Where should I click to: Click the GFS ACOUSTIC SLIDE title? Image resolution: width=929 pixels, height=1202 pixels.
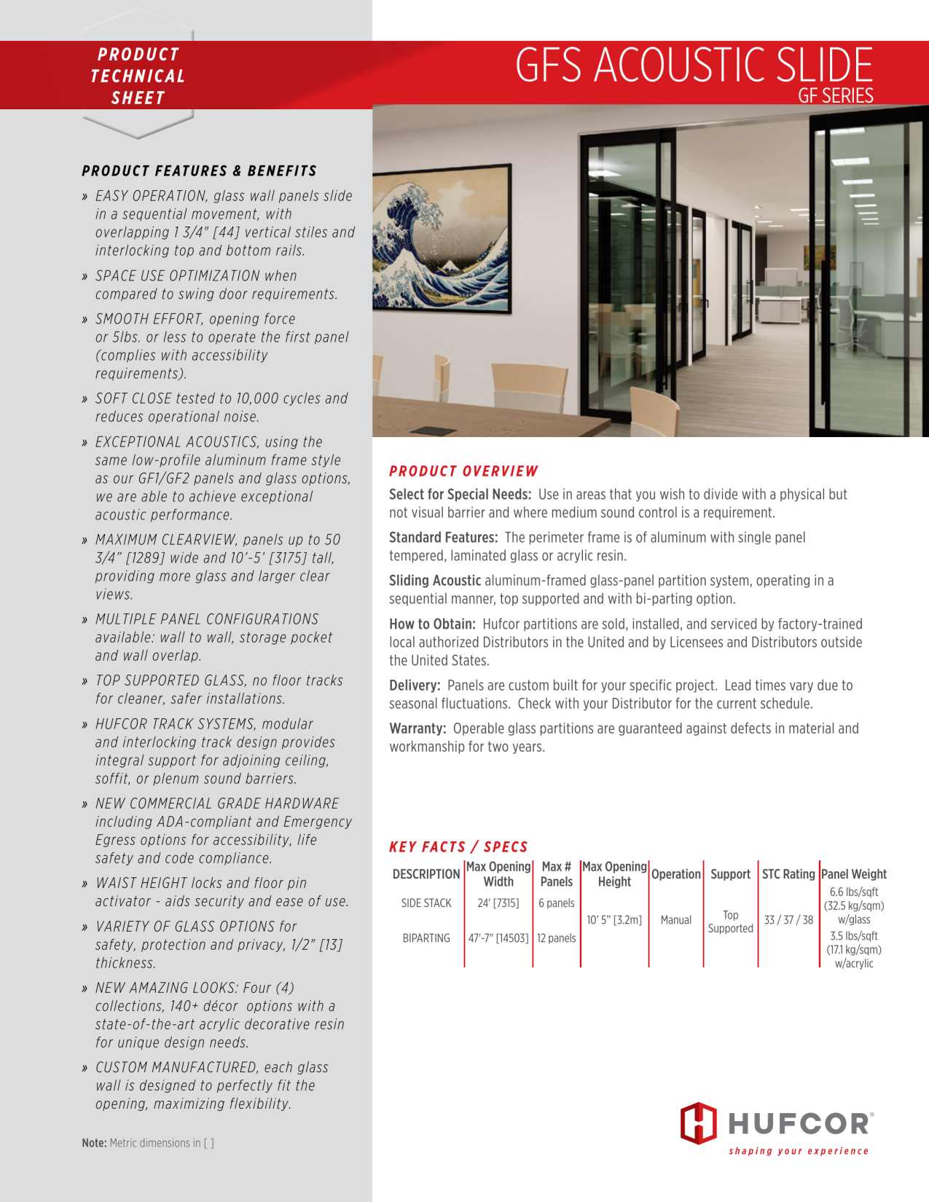click(693, 66)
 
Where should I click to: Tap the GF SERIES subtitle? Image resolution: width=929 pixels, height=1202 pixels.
click(835, 96)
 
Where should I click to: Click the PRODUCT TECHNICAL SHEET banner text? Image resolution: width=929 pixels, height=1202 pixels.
click(138, 76)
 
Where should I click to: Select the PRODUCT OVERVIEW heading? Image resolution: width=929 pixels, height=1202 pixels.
click(463, 471)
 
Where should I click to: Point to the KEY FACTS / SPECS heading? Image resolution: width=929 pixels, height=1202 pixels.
click(458, 846)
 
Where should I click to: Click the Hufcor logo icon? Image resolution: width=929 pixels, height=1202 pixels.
click(698, 1123)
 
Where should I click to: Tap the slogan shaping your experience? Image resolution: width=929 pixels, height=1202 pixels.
click(799, 1151)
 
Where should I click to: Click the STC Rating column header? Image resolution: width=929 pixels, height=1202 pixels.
click(788, 874)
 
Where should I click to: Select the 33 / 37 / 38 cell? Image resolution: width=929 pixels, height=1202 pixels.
click(788, 920)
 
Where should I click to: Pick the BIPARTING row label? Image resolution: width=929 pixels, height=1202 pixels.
click(426, 938)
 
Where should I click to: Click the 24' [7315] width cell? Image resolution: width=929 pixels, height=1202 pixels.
click(498, 903)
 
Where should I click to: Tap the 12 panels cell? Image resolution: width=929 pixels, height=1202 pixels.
click(556, 938)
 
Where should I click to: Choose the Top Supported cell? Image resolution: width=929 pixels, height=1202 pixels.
click(730, 922)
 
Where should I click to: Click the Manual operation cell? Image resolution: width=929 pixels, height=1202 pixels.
click(675, 920)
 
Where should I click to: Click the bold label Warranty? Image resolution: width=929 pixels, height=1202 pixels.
click(418, 728)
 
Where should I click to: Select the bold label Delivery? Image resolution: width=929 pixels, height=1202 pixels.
click(415, 686)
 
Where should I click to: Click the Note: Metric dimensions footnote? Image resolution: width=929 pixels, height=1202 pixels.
click(148, 1143)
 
